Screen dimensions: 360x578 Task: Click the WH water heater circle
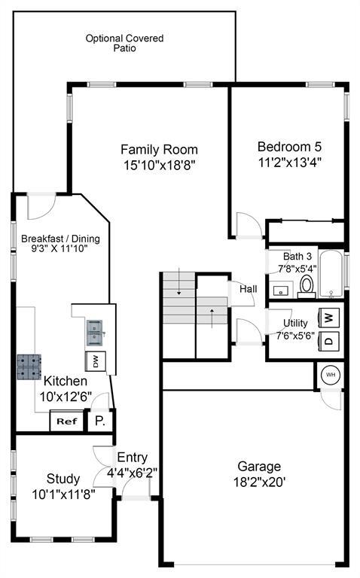tap(331, 375)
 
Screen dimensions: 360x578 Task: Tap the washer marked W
tap(330, 317)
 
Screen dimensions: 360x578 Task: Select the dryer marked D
tap(330, 340)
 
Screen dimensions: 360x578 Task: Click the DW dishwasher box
tap(96, 361)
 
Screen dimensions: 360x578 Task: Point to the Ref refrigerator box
tap(67, 421)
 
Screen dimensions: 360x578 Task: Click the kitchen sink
tap(95, 333)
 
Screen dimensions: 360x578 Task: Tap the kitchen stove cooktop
tap(29, 367)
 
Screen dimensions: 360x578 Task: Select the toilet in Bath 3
tap(307, 287)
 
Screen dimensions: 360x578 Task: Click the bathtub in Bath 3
tap(331, 274)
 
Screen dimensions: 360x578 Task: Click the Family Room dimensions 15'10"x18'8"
tap(159, 165)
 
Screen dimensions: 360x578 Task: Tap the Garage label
tap(259, 467)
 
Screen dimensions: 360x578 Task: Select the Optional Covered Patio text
tap(125, 43)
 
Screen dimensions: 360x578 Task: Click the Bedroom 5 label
tap(289, 147)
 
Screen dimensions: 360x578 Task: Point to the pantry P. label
tap(100, 421)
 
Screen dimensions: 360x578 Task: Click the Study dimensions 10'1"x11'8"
tap(63, 494)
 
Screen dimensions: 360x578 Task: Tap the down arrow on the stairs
tap(179, 281)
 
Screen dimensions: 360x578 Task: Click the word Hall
tap(249, 289)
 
